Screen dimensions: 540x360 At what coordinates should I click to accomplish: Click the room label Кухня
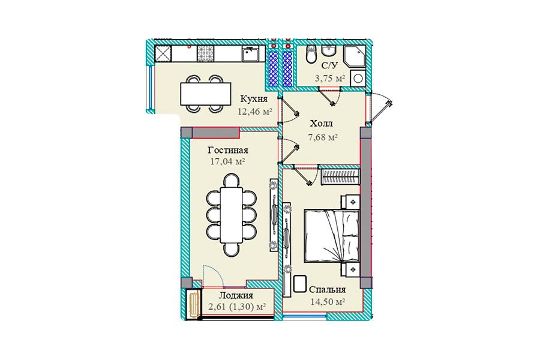pos(253,99)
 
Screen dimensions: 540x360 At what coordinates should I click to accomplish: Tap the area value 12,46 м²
pos(254,111)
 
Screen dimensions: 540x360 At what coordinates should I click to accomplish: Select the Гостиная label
pos(228,150)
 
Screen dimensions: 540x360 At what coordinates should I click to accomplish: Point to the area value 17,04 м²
pos(227,161)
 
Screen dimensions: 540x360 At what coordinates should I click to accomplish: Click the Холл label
pos(322,124)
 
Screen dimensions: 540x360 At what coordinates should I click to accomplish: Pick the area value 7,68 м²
pos(322,137)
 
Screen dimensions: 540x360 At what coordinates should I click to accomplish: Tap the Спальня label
pos(327,290)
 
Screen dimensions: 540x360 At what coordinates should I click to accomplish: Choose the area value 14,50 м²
pos(328,302)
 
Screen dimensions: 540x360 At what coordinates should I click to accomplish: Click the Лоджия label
pos(236,295)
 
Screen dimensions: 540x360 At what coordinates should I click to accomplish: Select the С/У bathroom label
pos(330,65)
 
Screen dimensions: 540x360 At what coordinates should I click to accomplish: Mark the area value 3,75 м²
pos(329,78)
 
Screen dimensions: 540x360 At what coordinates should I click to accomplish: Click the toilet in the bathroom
pos(311,54)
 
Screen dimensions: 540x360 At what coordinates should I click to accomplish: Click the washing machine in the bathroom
pos(358,78)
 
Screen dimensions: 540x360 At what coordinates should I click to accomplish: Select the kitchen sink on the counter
pos(251,53)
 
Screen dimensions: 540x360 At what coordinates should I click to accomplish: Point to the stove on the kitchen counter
pos(206,53)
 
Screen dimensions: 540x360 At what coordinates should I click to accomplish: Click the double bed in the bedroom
pos(332,236)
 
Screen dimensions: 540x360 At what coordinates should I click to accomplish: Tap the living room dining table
pos(232,215)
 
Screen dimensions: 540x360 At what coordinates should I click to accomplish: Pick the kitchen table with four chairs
pos(206,94)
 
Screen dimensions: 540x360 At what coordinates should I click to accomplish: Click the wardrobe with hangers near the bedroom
pos(340,177)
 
